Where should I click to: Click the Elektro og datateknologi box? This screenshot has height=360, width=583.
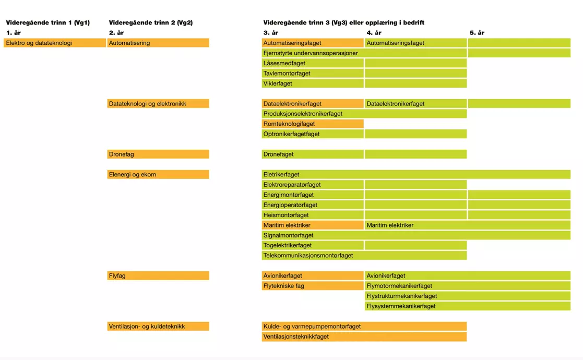[x=55, y=43]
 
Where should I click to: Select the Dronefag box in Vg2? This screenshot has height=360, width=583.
[x=158, y=154]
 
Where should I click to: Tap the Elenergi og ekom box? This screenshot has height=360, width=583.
[x=158, y=174]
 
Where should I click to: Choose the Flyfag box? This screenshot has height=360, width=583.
[x=158, y=275]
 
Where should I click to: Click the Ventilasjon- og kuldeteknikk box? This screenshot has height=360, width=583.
[x=158, y=327]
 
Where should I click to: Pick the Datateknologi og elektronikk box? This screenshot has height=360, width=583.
[x=158, y=104]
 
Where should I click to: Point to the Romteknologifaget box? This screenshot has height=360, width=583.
[x=313, y=124]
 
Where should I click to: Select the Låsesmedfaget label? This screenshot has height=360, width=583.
[x=284, y=63]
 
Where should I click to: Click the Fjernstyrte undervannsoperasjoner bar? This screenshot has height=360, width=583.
[x=364, y=53]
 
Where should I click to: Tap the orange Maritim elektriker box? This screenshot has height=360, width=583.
[x=313, y=225]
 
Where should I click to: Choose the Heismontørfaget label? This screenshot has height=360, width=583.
[x=286, y=215]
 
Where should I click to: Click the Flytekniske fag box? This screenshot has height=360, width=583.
[x=313, y=286]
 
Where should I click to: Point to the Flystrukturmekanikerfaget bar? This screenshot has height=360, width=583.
[x=467, y=296]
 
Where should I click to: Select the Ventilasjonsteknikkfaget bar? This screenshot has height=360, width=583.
[x=364, y=337]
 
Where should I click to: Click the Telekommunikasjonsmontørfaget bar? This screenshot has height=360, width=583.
[x=364, y=256]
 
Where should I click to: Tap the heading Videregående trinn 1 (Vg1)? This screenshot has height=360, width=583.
[x=48, y=23]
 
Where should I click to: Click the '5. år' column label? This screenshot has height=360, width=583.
[x=477, y=33]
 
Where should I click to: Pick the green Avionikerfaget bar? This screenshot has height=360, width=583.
[x=467, y=275]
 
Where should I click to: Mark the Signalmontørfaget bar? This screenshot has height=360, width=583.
[x=416, y=235]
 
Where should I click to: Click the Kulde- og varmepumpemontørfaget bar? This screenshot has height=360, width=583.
[x=364, y=327]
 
